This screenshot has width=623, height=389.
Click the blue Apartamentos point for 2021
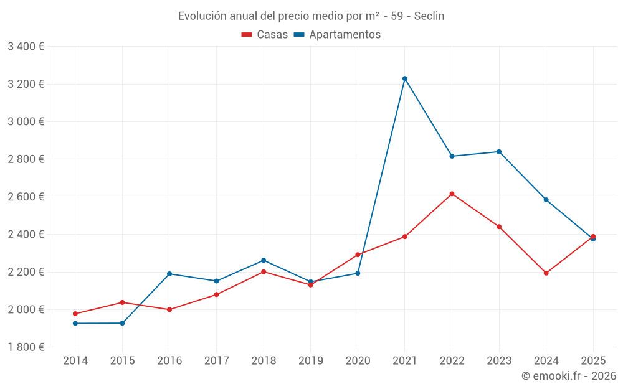(x=405, y=78)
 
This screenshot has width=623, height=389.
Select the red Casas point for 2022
(x=452, y=194)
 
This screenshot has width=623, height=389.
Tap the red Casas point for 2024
(x=546, y=273)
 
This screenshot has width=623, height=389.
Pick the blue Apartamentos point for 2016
(x=169, y=274)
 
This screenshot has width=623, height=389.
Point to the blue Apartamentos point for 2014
(x=75, y=323)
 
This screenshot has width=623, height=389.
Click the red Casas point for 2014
(x=75, y=314)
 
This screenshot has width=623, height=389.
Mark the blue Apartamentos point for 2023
(x=499, y=152)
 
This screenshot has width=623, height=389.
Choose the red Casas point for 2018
(x=264, y=272)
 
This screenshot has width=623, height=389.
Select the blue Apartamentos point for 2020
(x=358, y=273)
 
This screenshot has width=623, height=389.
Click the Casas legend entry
(x=265, y=35)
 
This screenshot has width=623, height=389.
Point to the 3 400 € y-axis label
(x=26, y=47)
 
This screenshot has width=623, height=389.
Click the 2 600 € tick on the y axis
(x=26, y=197)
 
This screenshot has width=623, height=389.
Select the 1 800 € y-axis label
(x=26, y=347)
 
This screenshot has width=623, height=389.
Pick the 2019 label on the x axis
(x=311, y=360)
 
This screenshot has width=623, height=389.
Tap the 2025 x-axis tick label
(x=593, y=360)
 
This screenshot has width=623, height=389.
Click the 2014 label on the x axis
(x=75, y=360)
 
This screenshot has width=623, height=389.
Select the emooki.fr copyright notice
(x=569, y=376)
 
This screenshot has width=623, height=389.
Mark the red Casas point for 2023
(x=499, y=227)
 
